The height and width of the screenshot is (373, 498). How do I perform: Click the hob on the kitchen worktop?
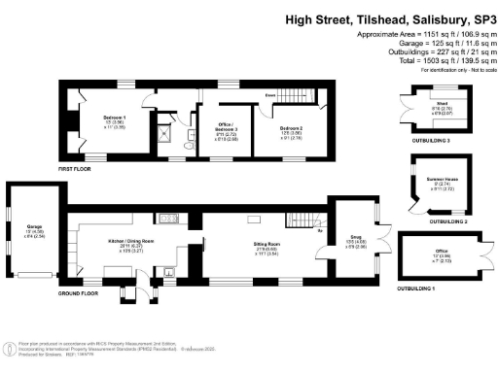tap(167, 219)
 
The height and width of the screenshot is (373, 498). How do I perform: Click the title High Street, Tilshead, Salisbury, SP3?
tap(389, 19)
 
